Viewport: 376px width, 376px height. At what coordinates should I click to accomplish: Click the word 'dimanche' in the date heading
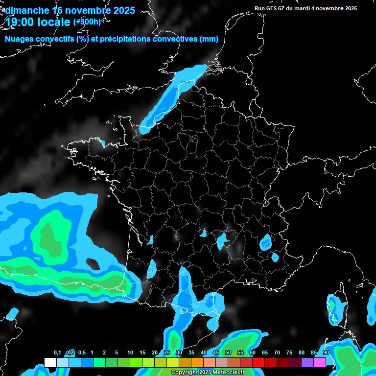(27, 10)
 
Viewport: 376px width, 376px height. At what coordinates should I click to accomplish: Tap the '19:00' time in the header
(22, 23)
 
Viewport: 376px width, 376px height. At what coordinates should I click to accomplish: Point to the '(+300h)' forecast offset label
(87, 22)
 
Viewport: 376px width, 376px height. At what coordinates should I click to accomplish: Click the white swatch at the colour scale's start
(50, 362)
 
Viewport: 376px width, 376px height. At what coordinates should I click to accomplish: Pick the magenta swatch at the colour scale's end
(320, 362)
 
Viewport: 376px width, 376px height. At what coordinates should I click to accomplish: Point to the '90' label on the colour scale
(326, 352)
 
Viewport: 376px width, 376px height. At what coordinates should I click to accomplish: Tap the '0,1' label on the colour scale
(57, 352)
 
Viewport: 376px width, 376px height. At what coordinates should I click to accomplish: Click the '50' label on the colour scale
(228, 352)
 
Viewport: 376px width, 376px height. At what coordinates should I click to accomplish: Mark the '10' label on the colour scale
(130, 352)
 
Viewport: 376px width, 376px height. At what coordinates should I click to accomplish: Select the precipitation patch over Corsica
(335, 308)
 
